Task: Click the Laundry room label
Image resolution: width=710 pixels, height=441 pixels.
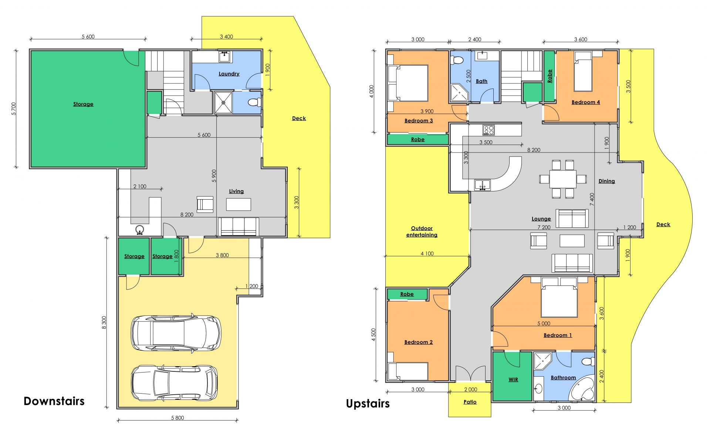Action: click(x=229, y=74)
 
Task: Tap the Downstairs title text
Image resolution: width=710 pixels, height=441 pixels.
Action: click(x=54, y=401)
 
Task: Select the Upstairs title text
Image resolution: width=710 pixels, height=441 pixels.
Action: click(x=368, y=404)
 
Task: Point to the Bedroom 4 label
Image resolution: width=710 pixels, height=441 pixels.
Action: click(x=586, y=102)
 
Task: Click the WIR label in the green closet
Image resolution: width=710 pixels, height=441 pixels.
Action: click(x=513, y=380)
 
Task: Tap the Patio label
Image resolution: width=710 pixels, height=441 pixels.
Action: click(x=470, y=402)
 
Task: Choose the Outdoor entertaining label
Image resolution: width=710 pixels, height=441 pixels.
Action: click(x=422, y=231)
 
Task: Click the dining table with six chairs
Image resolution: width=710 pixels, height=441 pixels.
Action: click(x=563, y=179)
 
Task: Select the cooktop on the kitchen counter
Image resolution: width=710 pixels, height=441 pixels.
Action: click(x=488, y=130)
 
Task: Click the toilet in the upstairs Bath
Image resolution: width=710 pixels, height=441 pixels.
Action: click(x=457, y=60)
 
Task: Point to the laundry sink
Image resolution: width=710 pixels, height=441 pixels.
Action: click(x=225, y=57)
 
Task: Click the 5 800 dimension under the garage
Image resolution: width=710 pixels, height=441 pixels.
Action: click(x=177, y=418)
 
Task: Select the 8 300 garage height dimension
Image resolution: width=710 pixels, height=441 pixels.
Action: click(x=104, y=323)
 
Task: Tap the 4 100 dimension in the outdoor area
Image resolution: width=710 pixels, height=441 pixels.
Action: click(x=427, y=254)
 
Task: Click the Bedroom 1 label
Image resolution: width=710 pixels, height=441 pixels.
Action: click(x=558, y=335)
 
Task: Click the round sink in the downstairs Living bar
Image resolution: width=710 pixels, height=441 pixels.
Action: click(x=140, y=230)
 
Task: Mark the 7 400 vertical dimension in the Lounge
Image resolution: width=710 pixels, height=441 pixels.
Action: click(x=592, y=199)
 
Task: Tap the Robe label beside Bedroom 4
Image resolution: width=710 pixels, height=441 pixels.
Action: click(x=550, y=76)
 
